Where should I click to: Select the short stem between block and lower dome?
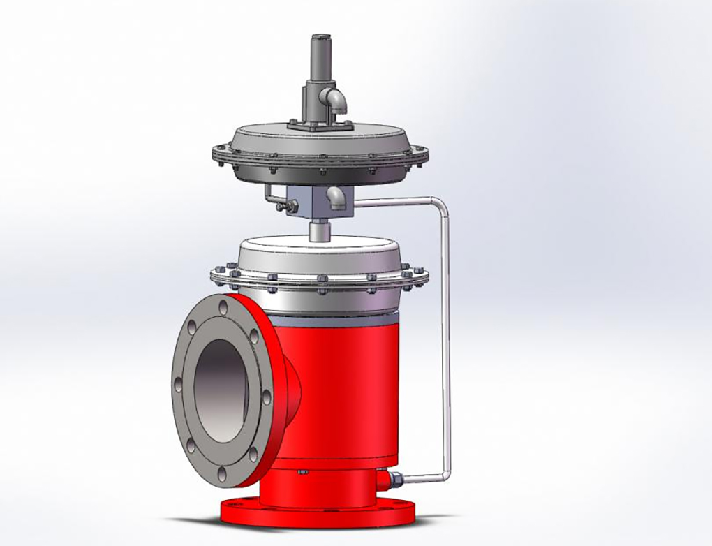point(320,230)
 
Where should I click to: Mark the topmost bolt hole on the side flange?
point(222,308)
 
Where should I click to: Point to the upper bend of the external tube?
point(438,207)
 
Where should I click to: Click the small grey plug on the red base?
point(302,472)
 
